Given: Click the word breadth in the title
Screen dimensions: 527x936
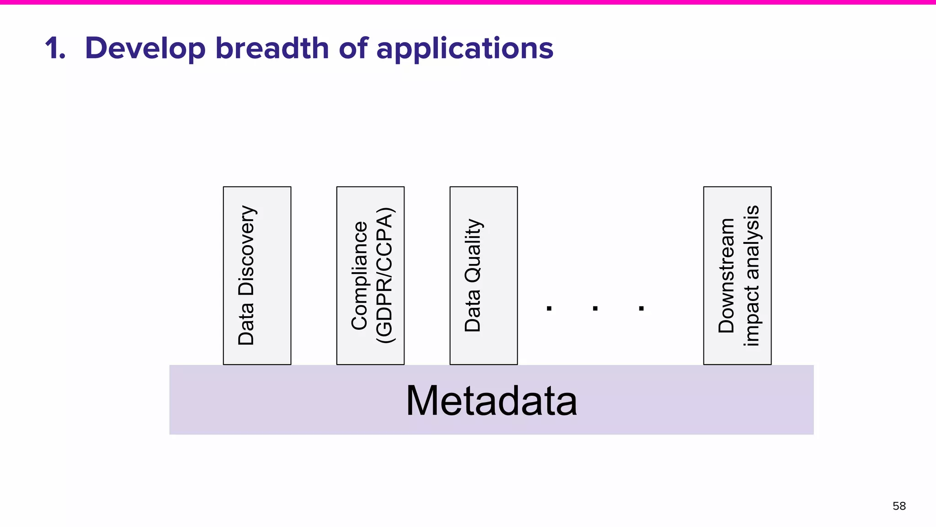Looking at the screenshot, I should pyautogui.click(x=272, y=48).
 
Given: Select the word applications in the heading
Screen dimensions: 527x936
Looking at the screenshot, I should pyautogui.click(x=464, y=49).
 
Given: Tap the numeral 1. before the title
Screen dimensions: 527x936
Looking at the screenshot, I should pyautogui.click(x=55, y=48).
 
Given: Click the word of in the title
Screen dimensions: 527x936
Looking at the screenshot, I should pyautogui.click(x=353, y=48).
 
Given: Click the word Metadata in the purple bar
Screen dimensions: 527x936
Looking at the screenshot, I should pyautogui.click(x=491, y=401).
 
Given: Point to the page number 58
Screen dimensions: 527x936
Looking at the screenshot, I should pyautogui.click(x=899, y=506).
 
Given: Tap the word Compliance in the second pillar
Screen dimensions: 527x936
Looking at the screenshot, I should pyautogui.click(x=359, y=275).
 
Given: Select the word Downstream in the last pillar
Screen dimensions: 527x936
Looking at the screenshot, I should pyautogui.click(x=726, y=275).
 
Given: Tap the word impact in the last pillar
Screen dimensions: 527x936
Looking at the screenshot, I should pyautogui.click(x=751, y=316).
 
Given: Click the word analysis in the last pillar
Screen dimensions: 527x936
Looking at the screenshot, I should pyautogui.click(x=751, y=242).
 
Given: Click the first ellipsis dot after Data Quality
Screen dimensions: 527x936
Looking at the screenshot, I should pyautogui.click(x=549, y=308).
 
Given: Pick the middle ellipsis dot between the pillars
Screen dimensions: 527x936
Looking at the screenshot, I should pyautogui.click(x=595, y=308).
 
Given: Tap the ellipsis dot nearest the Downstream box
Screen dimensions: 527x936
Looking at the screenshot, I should pyautogui.click(x=641, y=308).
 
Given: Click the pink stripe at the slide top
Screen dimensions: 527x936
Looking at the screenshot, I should pyautogui.click(x=468, y=2).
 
